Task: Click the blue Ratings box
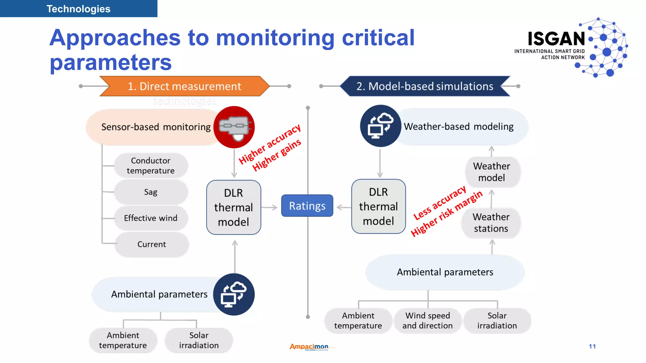[x=307, y=206]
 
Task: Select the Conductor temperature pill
[x=151, y=166]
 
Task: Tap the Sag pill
[x=151, y=192]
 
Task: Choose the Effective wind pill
[x=151, y=218]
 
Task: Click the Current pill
[x=152, y=244]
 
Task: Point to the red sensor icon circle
[x=234, y=127]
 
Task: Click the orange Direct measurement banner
[x=184, y=86]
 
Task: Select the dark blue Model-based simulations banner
[x=425, y=86]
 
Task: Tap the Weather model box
[x=491, y=172]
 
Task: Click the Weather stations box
[x=491, y=223]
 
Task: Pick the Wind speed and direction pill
[x=427, y=320]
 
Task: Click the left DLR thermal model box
[x=233, y=207]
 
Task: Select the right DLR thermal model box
[x=378, y=206]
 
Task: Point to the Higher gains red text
[x=277, y=155]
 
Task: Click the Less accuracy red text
[x=440, y=203]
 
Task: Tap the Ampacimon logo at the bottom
[x=309, y=347]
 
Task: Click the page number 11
[x=592, y=346]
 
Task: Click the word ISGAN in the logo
[x=556, y=39]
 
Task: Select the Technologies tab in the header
[x=79, y=9]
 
